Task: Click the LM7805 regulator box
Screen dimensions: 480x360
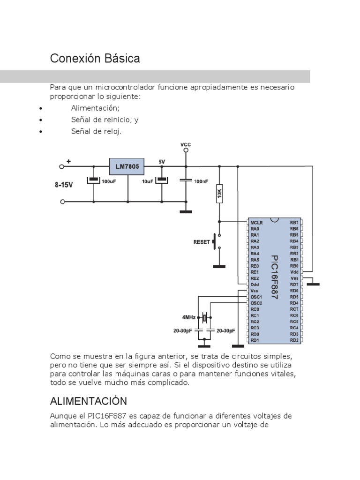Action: [x=127, y=166]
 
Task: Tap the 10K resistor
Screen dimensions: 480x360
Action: [x=219, y=193]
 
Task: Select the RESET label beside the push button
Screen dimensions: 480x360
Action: [x=202, y=242]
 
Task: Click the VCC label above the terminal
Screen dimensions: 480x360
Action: [x=186, y=144]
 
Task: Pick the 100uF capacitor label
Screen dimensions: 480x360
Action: [x=109, y=180]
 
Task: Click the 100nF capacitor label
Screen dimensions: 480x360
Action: [x=200, y=180]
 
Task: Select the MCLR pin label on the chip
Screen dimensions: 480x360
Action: [x=256, y=222]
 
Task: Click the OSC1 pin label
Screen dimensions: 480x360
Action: [x=256, y=297]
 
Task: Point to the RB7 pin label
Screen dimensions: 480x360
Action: [x=294, y=222]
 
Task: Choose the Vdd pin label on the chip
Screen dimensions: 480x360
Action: [x=294, y=272]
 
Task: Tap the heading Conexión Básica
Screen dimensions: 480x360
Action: [x=95, y=59]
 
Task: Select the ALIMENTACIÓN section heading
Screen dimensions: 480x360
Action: [x=89, y=401]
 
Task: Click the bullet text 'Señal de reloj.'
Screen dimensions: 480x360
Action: [x=97, y=131]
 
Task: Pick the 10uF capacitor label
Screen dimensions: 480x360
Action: [x=147, y=180]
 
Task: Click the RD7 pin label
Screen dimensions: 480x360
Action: [x=294, y=285]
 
